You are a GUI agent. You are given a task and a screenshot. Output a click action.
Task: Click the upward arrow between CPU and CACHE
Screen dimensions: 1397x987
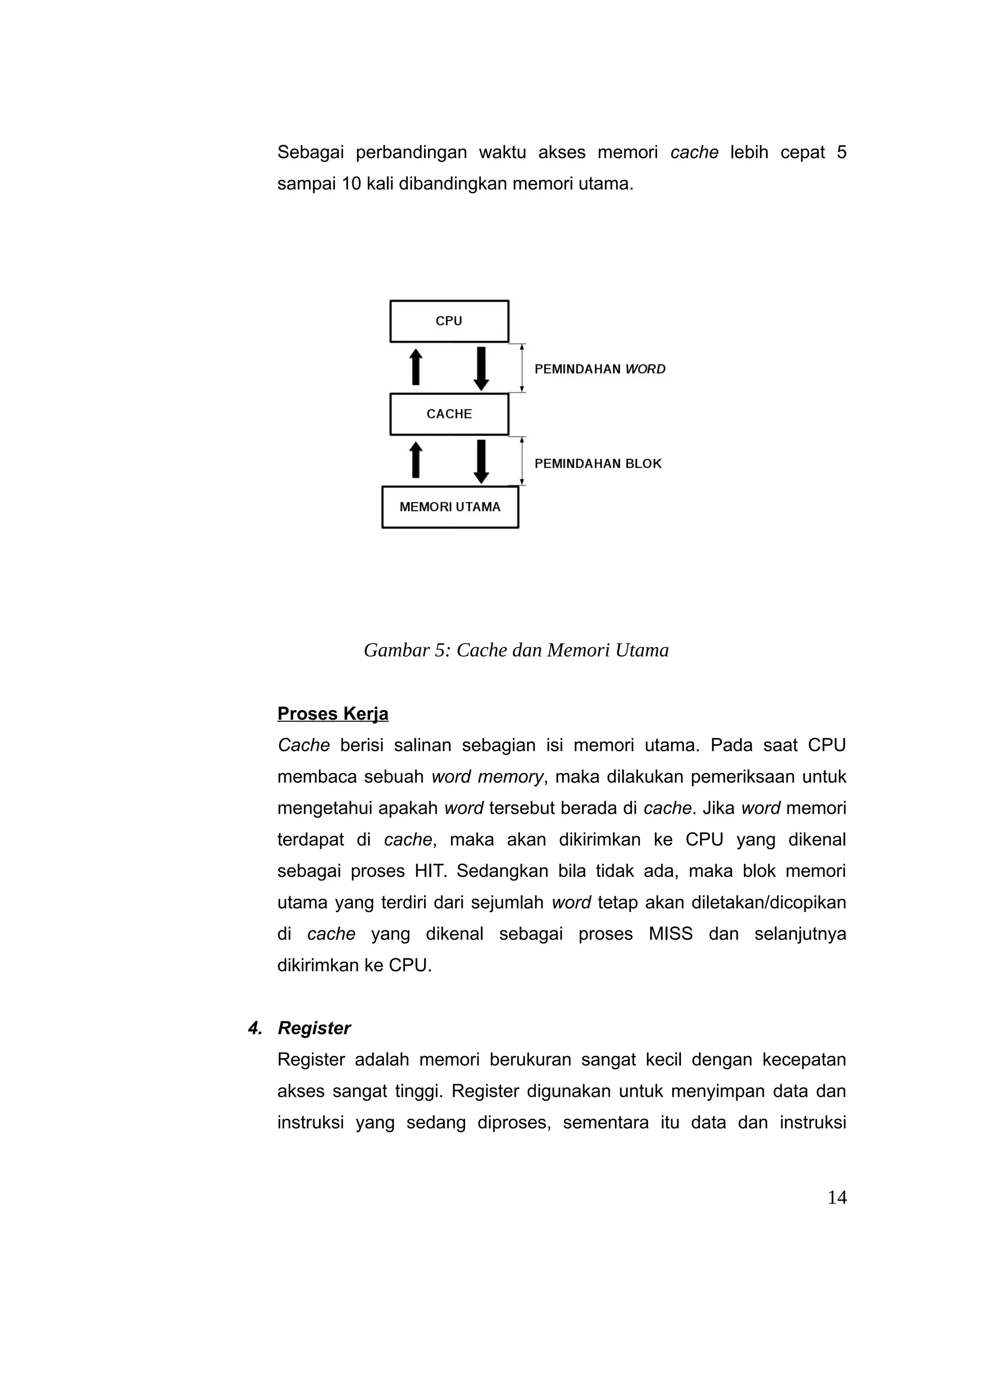coord(416,367)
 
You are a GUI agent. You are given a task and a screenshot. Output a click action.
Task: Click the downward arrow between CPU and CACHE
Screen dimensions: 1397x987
coord(481,369)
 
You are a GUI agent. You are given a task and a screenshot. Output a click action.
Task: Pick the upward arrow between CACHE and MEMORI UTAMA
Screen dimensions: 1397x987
coord(416,460)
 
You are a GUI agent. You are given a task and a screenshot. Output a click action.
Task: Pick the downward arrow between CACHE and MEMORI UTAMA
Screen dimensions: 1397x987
coord(481,462)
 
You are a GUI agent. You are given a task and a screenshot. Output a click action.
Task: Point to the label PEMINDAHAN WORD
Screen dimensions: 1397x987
coord(600,369)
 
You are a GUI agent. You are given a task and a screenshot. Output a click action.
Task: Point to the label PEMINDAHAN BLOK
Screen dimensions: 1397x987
coord(598,464)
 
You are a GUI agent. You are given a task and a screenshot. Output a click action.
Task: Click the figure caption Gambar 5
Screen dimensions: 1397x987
coord(516,650)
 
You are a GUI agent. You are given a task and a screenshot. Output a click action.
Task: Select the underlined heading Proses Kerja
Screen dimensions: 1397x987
coord(333,714)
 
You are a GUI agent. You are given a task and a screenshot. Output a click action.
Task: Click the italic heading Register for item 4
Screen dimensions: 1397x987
coord(314,1028)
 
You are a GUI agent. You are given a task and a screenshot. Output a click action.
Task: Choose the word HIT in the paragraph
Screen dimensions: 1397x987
coord(430,871)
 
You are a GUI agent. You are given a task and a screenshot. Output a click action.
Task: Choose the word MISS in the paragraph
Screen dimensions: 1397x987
coord(670,934)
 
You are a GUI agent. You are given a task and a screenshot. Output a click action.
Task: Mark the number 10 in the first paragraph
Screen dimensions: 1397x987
coord(351,184)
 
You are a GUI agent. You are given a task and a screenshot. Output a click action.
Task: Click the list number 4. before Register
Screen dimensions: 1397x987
coord(255,1028)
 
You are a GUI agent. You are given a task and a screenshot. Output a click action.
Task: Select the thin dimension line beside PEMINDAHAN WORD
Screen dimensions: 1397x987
coord(522,368)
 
